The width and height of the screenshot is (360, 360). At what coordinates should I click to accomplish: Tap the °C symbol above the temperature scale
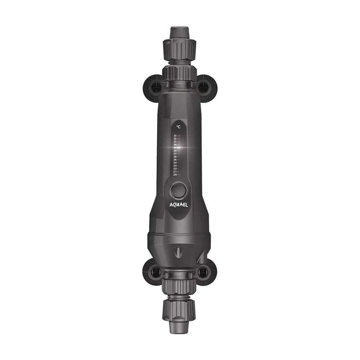click(x=178, y=126)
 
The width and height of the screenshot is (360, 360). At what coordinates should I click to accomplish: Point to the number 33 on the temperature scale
click(x=175, y=136)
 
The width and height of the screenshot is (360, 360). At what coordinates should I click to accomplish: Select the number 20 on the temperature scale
click(x=175, y=175)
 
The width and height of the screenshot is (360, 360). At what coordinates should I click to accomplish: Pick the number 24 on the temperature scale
click(x=175, y=163)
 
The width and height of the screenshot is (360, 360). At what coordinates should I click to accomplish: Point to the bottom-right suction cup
click(x=205, y=271)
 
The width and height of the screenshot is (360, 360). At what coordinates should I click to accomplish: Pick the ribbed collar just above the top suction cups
click(x=180, y=71)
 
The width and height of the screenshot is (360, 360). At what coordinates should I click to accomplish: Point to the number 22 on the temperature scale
click(x=175, y=169)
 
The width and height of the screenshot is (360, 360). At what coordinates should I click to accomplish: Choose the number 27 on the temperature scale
click(x=175, y=154)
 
